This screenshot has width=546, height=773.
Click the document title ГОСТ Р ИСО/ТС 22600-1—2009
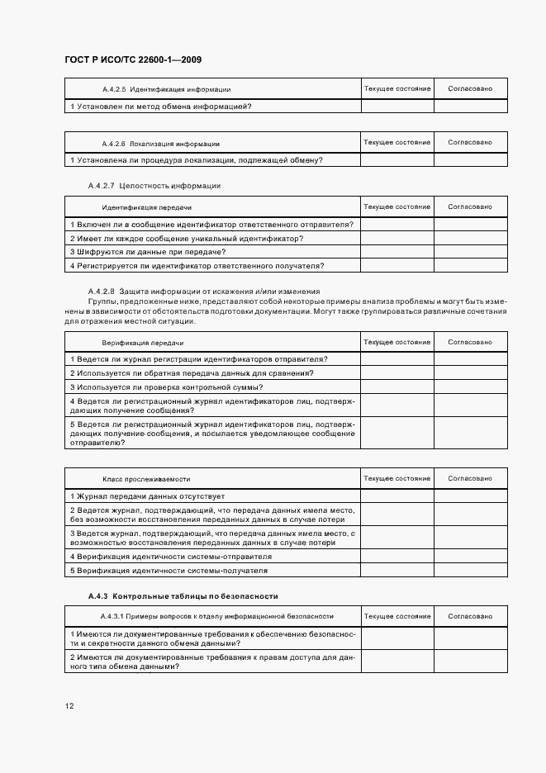(x=133, y=59)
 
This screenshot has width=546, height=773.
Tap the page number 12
(x=69, y=706)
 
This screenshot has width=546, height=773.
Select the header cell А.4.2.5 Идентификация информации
(x=166, y=88)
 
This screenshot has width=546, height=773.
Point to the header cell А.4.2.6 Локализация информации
(x=160, y=143)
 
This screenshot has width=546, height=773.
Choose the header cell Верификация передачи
(x=143, y=342)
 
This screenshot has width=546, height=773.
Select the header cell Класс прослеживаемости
(x=146, y=478)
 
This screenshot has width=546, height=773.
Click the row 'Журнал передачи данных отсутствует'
(x=148, y=496)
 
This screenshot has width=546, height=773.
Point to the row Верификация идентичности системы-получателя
(x=169, y=570)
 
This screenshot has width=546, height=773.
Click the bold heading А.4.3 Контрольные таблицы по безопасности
(x=183, y=595)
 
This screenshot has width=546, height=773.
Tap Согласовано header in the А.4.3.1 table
(x=470, y=616)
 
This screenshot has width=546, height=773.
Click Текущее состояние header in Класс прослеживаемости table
(x=396, y=478)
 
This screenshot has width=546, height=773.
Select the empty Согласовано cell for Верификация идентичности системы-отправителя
(x=470, y=556)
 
